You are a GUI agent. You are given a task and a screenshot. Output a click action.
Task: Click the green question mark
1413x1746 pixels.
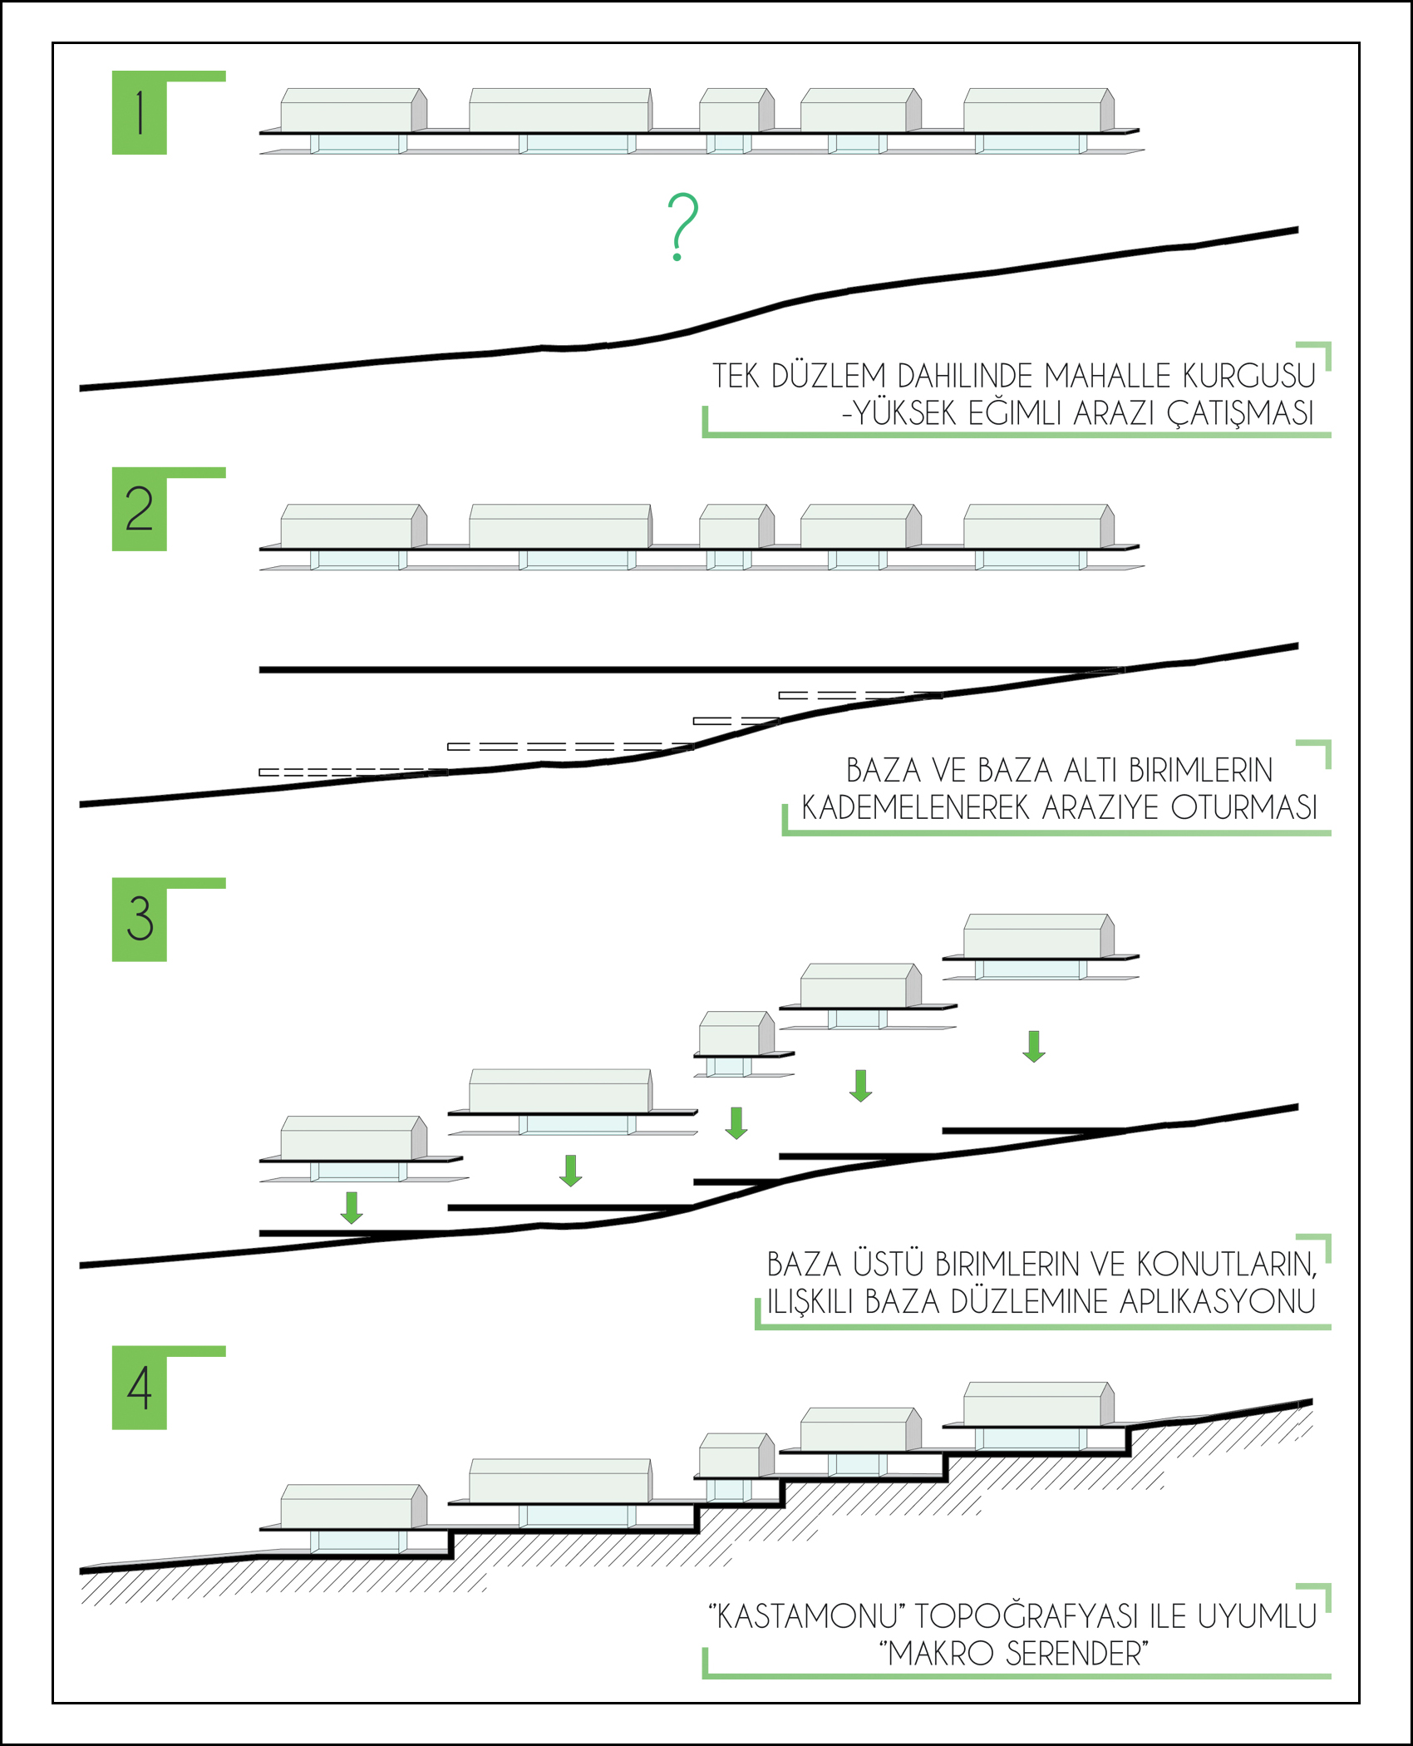click(682, 226)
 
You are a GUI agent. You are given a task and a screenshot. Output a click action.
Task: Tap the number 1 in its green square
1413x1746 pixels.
click(140, 113)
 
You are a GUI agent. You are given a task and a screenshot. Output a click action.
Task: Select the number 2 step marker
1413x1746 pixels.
click(140, 509)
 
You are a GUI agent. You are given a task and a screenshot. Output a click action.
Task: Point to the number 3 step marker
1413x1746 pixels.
click(140, 920)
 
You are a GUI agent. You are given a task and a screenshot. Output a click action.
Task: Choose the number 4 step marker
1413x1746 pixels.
click(140, 1388)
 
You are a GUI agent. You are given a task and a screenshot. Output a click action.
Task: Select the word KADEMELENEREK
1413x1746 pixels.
click(915, 807)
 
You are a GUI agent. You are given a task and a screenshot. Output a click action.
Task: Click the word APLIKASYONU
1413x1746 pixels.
click(1218, 1301)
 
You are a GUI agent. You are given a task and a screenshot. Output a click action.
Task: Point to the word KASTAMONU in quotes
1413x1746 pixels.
click(807, 1616)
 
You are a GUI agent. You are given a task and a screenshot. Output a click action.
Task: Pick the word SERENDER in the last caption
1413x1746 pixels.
click(1077, 1653)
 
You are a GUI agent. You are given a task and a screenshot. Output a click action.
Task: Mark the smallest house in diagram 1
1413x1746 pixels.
click(737, 110)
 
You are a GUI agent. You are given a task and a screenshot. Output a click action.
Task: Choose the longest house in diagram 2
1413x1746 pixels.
click(561, 526)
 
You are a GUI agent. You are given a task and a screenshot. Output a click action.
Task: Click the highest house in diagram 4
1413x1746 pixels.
click(1039, 1404)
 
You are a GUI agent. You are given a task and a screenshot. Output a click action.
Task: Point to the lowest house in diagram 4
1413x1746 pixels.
click(354, 1507)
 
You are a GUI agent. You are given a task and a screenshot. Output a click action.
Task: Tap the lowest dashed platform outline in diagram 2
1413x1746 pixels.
click(353, 772)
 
